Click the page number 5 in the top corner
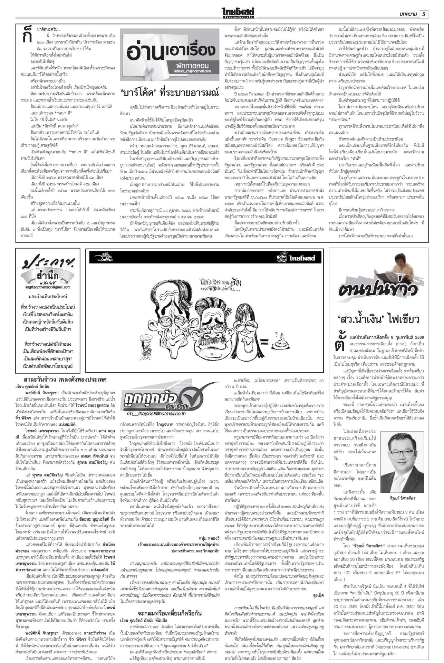point(424,14)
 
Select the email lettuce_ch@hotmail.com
point(197,71)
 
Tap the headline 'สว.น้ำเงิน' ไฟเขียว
point(378,318)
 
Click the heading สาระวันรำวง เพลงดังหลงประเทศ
point(65,379)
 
